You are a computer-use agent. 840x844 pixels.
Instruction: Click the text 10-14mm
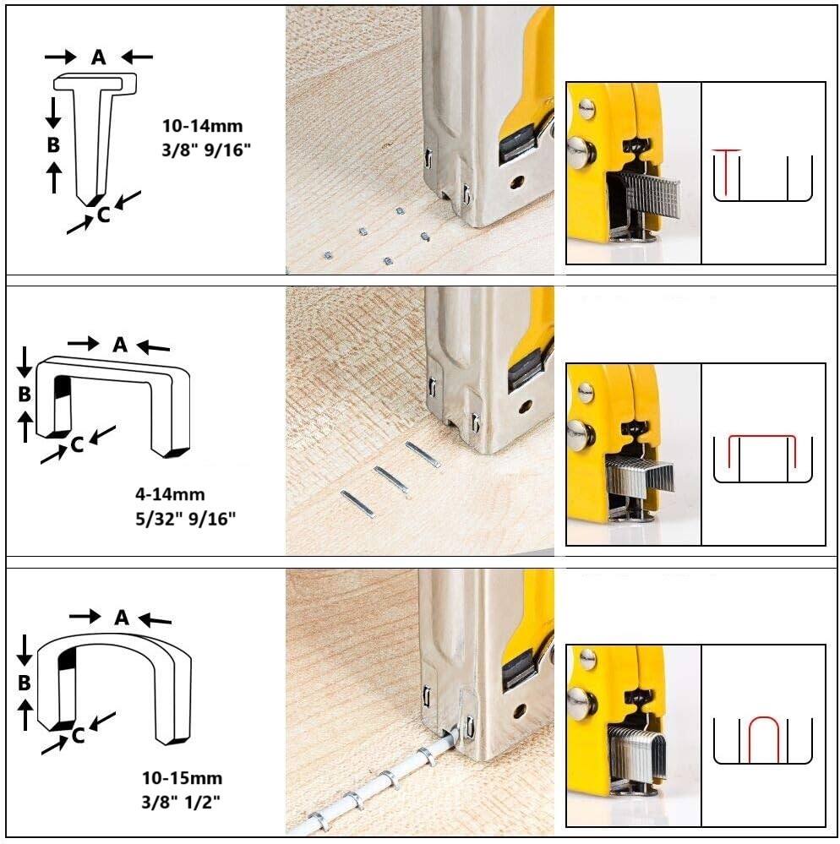(x=202, y=126)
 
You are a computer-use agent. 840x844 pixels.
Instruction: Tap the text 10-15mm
(x=182, y=778)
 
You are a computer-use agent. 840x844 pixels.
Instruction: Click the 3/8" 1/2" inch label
(x=182, y=801)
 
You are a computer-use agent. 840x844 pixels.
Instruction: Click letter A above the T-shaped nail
(x=99, y=57)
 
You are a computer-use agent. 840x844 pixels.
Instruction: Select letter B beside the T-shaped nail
(x=53, y=144)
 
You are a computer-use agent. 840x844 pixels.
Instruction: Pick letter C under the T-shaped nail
(x=103, y=215)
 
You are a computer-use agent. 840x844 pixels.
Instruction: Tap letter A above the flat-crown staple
(x=119, y=344)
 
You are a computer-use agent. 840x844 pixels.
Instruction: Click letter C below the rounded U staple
(x=78, y=736)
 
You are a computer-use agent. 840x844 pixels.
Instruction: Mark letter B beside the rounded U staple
(x=25, y=682)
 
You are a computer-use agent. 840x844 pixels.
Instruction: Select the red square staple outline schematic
(x=761, y=452)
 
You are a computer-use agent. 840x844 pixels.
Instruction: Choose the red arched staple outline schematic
(x=762, y=738)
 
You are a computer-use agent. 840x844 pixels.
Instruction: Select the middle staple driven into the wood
(x=390, y=479)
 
